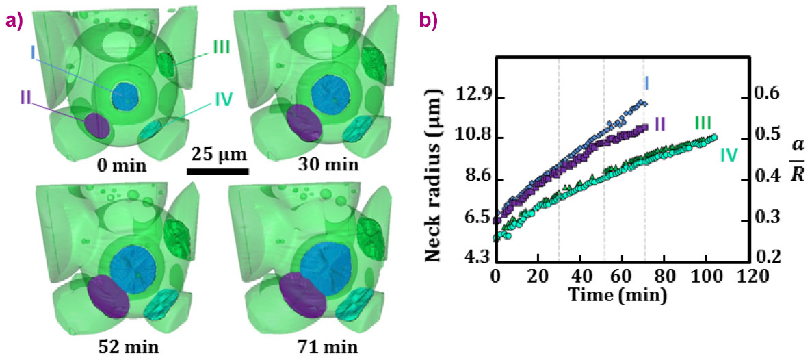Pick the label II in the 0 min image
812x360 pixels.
(27, 97)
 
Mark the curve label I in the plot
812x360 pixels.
(646, 83)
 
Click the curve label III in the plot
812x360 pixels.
(703, 124)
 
